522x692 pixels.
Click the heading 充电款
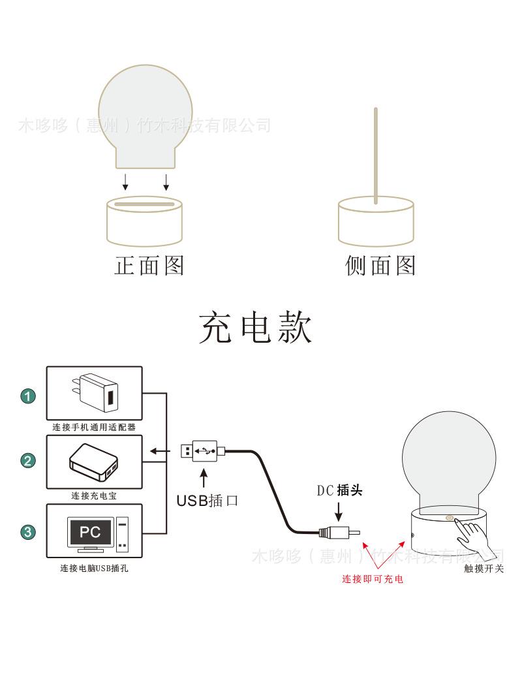(255, 328)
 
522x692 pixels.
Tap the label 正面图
(149, 265)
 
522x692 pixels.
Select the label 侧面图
(380, 265)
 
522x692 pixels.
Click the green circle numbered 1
(28, 396)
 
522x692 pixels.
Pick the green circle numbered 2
(28, 461)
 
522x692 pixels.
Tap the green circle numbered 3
(28, 532)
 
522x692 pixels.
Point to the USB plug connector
(202, 450)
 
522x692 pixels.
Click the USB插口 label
(207, 501)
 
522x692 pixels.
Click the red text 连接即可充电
(373, 579)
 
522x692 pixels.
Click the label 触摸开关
(484, 569)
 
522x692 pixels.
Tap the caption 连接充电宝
(94, 496)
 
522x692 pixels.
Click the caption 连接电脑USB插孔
(94, 569)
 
